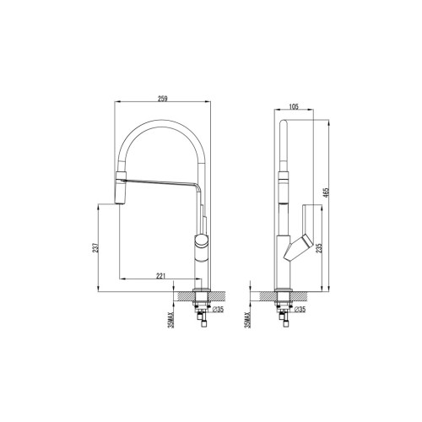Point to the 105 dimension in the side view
(x=295, y=107)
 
